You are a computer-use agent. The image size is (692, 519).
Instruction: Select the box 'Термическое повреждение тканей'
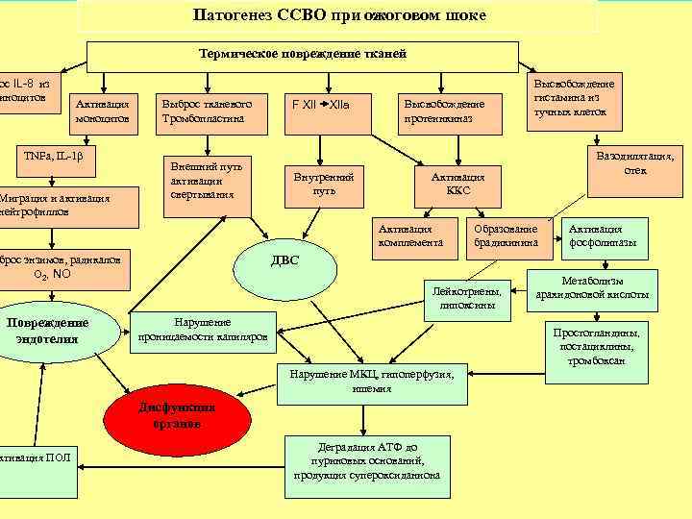pyautogui.click(x=303, y=54)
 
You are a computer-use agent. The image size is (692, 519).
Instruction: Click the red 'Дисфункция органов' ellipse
pyautogui.click(x=176, y=415)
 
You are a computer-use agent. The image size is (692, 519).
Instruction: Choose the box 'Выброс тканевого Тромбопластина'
pyautogui.click(x=203, y=111)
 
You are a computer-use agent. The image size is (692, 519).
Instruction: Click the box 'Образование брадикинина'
pyautogui.click(x=506, y=236)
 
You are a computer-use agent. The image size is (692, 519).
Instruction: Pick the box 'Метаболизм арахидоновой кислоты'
pyautogui.click(x=591, y=287)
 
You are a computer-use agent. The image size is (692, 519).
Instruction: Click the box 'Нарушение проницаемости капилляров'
pyautogui.click(x=203, y=330)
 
